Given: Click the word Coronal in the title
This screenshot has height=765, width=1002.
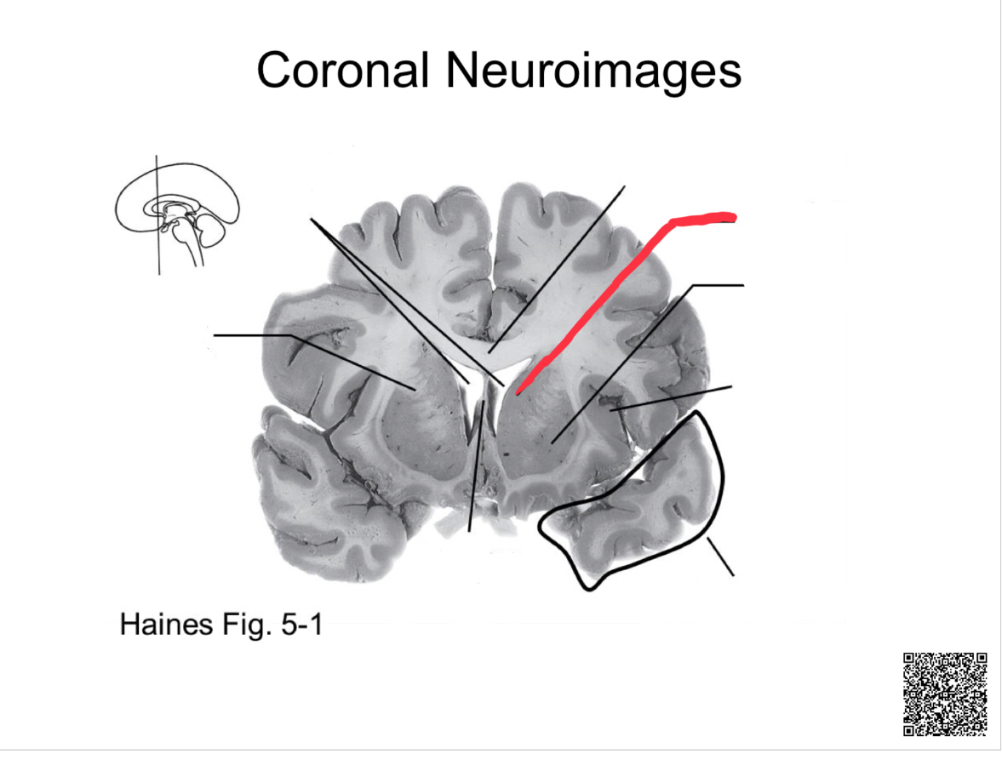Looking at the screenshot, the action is click(x=341, y=70).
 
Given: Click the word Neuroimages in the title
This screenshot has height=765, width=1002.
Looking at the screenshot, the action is click(x=593, y=70).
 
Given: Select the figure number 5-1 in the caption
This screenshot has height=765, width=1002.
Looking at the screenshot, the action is click(x=299, y=626).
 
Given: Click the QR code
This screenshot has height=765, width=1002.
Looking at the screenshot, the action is click(x=945, y=694).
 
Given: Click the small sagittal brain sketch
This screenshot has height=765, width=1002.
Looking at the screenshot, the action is click(x=177, y=213).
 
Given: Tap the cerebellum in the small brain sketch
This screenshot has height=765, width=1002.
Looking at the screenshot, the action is click(x=209, y=228).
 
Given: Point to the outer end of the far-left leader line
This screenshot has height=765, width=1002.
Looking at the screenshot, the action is click(x=216, y=335).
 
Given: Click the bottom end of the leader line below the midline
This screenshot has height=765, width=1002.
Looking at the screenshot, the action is click(x=469, y=530).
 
